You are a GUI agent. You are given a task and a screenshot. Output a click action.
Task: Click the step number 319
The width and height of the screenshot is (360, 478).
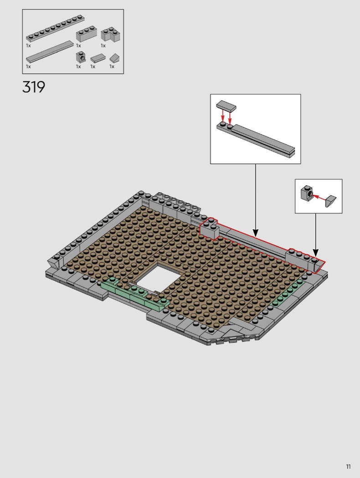[x=34, y=87]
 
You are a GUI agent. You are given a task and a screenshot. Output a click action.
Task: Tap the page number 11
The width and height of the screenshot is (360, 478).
[x=349, y=467]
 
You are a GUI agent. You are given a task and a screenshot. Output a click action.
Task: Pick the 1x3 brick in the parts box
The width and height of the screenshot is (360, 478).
[x=87, y=34]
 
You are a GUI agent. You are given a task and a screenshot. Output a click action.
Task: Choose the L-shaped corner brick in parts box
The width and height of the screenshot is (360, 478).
[x=111, y=34]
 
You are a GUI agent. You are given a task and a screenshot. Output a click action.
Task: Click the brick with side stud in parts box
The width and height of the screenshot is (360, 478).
[x=81, y=57]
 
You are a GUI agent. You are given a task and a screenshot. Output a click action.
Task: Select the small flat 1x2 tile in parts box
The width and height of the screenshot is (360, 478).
[x=98, y=58]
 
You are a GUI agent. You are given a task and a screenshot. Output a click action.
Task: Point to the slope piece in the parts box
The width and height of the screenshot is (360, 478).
[x=115, y=58]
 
